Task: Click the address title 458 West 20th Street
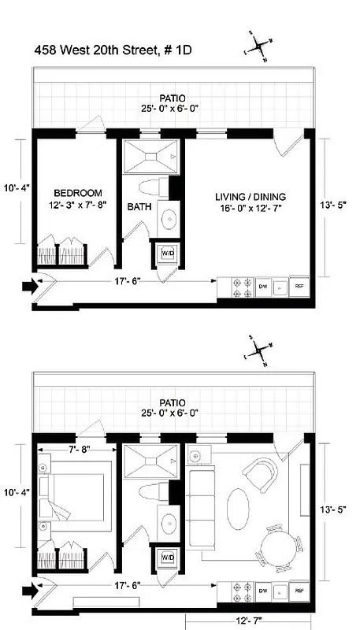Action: [x=113, y=50]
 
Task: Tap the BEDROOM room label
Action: [x=78, y=193]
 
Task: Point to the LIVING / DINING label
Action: [x=251, y=197]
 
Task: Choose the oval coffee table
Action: [x=239, y=503]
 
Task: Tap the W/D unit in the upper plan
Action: [x=167, y=253]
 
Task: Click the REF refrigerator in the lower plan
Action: [x=299, y=591]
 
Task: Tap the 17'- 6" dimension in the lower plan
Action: [x=127, y=587]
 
